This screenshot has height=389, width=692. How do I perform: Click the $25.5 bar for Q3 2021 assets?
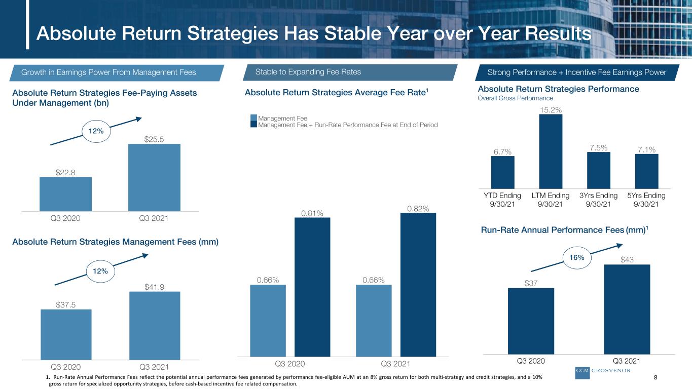click(154, 177)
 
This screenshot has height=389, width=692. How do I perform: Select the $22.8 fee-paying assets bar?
click(65, 194)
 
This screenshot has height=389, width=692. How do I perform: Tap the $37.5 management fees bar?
click(66, 335)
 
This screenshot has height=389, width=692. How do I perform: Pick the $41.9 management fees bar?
click(155, 326)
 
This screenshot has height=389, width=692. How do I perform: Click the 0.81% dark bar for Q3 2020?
click(312, 287)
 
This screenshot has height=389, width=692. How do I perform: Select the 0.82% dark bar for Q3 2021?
click(418, 285)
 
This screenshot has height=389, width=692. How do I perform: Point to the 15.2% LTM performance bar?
click(551, 151)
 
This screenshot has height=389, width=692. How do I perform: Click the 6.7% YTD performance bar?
click(502, 172)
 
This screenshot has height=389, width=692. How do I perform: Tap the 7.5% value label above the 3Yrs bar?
click(598, 148)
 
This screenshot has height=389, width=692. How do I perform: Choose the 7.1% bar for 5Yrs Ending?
click(646, 171)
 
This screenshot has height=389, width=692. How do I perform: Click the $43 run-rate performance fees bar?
click(627, 309)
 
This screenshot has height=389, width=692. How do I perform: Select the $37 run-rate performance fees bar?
click(531, 321)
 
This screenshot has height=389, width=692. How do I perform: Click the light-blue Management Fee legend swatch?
click(253, 118)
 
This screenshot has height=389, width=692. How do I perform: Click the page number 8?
click(655, 377)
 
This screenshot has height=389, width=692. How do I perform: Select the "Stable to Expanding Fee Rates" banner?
click(350, 72)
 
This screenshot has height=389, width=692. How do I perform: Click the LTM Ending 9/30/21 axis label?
click(551, 200)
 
